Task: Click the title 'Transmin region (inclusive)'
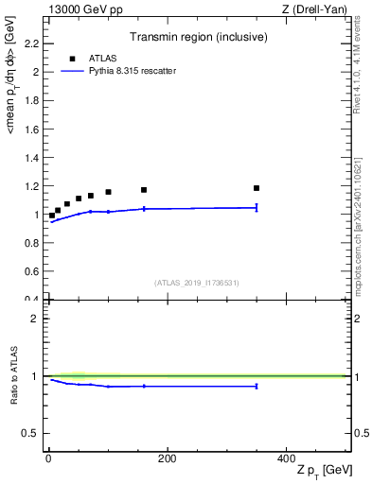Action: tap(199, 39)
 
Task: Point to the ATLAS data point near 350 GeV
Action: tap(257, 188)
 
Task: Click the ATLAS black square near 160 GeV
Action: tap(144, 190)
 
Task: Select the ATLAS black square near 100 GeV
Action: tap(108, 192)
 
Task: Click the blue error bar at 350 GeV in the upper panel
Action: tap(257, 207)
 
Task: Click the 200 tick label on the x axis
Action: tap(167, 458)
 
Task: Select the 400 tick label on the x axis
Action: tap(285, 458)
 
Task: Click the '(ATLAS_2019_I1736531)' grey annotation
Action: tap(196, 283)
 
